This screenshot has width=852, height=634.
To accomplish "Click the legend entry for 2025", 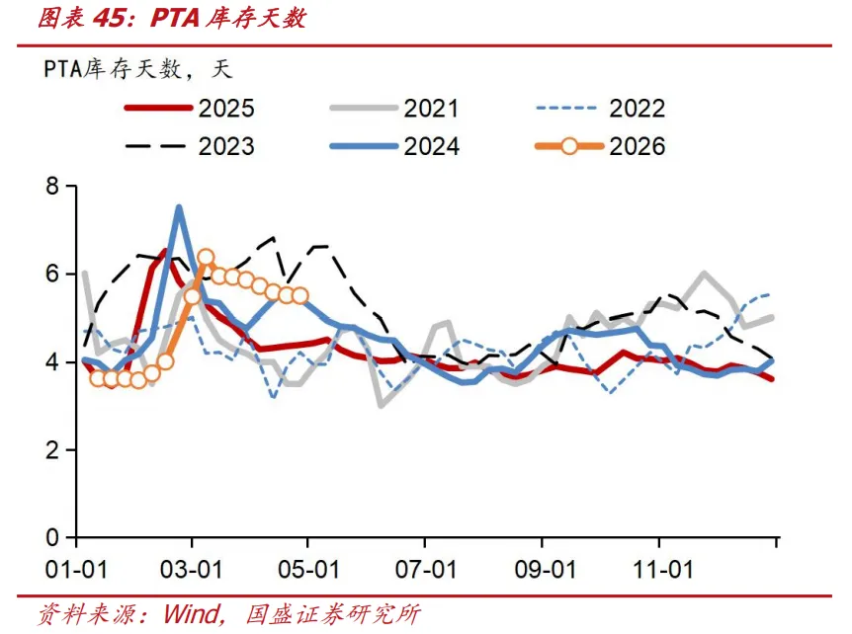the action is pos(189,108).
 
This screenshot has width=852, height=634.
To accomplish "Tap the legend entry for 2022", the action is pos(600,108).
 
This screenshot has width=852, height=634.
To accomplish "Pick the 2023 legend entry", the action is pos(189,146).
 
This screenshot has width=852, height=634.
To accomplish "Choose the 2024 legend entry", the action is pos(394,146).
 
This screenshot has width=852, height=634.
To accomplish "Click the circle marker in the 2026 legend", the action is pos(569,146).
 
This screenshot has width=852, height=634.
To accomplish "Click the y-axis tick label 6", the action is pos(52,274).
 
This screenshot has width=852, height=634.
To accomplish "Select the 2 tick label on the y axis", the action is pos(52,450).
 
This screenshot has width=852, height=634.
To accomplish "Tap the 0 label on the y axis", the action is pos(52,538).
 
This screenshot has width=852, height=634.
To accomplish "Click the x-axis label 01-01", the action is pos(76,570).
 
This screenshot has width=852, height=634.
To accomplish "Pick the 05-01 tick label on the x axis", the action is pos(308,570).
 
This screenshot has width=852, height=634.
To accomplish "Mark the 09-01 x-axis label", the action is pos(545,570).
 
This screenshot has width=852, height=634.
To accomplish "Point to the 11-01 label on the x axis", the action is pos(663,570).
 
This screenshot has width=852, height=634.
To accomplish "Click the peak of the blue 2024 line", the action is pos(179,207).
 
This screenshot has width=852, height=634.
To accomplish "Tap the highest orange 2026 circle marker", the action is pos(206,257).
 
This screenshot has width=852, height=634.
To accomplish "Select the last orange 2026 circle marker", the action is pos(299,296).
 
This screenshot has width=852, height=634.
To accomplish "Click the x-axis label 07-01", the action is pos(426,570).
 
